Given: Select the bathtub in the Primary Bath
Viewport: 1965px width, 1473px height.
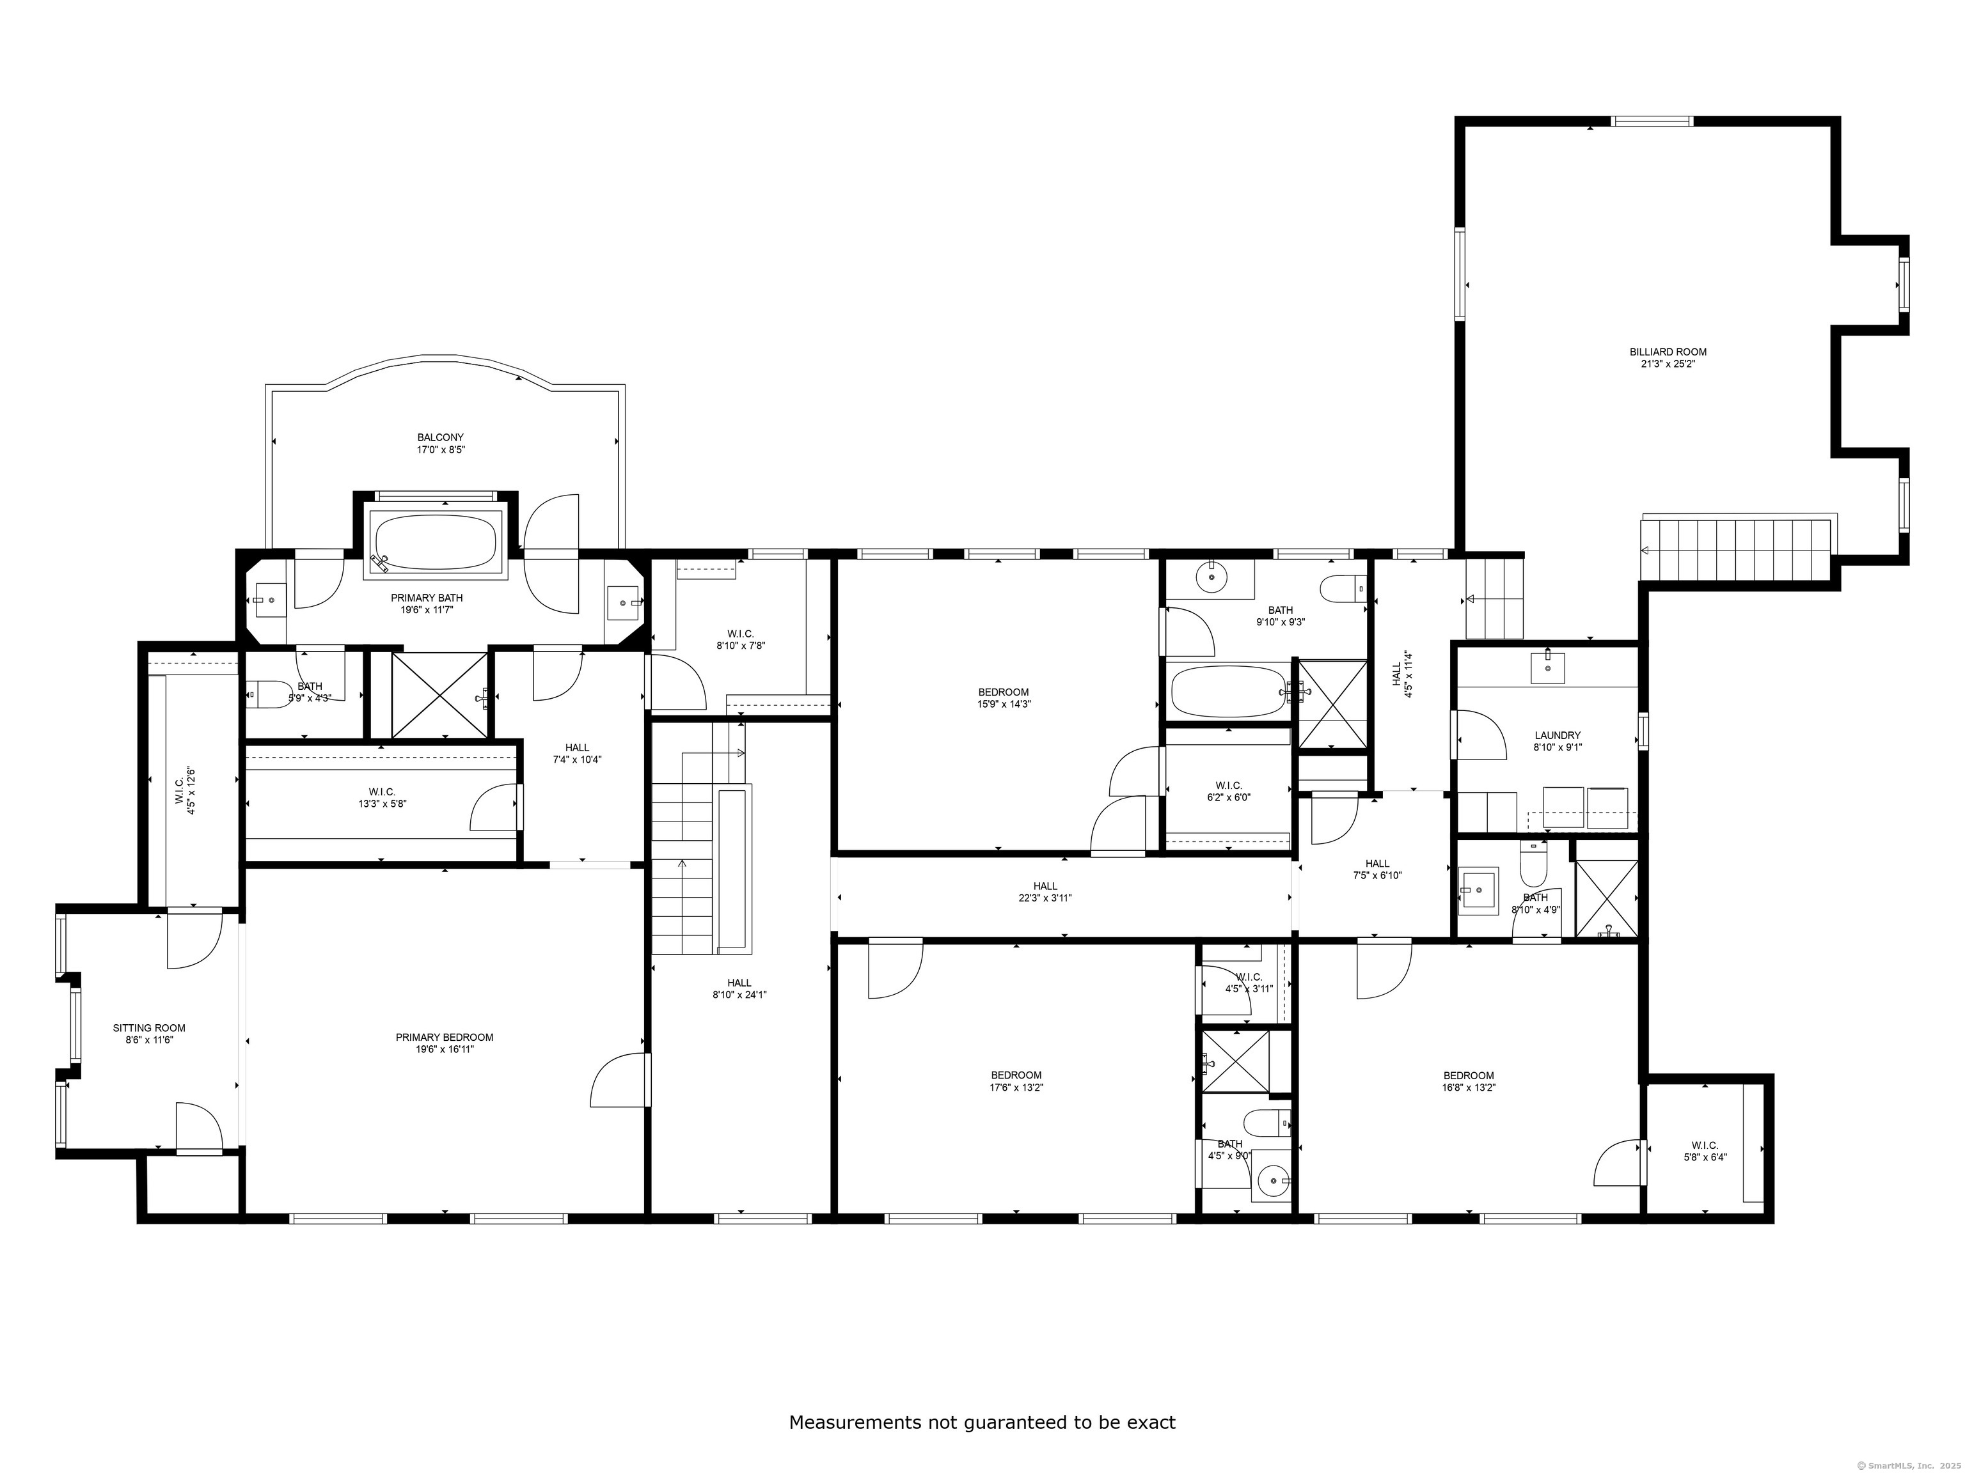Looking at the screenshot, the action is [x=436, y=543].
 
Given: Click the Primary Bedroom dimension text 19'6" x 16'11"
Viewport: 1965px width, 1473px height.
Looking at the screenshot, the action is [x=444, y=1048].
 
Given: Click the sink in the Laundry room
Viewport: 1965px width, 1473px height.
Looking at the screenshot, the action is [x=1547, y=667].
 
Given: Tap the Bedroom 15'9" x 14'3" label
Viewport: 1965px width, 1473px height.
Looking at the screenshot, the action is [x=1004, y=698].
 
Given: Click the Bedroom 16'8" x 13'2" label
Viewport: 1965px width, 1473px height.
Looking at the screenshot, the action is [x=1469, y=1080].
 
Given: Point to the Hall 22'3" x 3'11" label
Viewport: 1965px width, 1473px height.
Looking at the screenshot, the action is [x=1046, y=891].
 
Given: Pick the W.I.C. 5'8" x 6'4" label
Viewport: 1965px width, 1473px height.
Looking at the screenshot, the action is [x=1705, y=1151].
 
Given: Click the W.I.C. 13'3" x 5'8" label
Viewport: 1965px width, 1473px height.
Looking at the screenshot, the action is [x=382, y=797].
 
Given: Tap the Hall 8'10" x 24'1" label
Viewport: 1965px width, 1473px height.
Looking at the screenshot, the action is [x=739, y=988].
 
